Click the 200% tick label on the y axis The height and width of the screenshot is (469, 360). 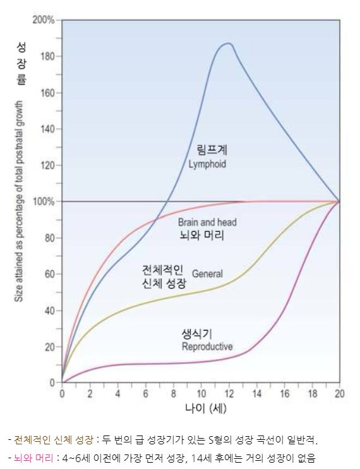tap(44, 20)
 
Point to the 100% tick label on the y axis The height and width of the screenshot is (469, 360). tap(44, 202)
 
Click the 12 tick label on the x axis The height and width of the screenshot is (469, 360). tap(229, 393)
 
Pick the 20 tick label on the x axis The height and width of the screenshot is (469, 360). tap(340, 393)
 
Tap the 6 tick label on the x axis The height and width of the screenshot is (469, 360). tap(145, 393)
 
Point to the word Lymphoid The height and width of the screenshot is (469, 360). tap(207, 164)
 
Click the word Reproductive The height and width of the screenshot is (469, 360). tap(207, 346)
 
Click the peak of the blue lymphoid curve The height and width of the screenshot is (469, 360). tap(227, 44)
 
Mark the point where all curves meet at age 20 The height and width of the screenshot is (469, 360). tap(340, 202)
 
